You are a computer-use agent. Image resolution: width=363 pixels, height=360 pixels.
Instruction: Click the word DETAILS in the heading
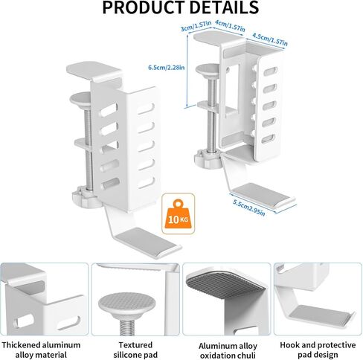point(224,7)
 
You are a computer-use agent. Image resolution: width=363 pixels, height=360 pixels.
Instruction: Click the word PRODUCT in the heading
point(144,7)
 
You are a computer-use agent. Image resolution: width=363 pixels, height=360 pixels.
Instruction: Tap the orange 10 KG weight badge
point(178,213)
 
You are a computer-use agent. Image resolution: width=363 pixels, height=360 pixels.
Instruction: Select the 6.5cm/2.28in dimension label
point(167,68)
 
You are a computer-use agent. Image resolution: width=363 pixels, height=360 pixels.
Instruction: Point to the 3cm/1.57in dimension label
point(196,26)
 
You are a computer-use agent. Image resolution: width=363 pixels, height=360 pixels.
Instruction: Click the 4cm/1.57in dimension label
point(230,26)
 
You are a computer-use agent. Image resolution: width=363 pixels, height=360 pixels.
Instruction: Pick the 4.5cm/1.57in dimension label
point(270,39)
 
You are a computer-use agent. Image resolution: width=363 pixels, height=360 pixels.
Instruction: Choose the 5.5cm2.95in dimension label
point(249,208)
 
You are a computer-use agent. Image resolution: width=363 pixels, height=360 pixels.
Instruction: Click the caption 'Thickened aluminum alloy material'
point(41,350)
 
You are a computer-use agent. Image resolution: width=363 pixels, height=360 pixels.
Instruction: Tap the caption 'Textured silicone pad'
point(135,350)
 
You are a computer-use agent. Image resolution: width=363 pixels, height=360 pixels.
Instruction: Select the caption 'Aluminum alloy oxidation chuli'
point(228,350)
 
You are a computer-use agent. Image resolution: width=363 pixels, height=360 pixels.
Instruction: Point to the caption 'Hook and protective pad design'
point(318,350)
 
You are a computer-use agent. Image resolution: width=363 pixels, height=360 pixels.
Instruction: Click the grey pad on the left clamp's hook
point(147,241)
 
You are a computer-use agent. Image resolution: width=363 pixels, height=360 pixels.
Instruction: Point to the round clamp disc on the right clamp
point(208,68)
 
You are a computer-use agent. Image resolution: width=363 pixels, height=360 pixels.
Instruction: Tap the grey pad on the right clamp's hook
point(261,194)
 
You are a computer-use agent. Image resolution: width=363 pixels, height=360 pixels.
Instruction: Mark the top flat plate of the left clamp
point(94,69)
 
